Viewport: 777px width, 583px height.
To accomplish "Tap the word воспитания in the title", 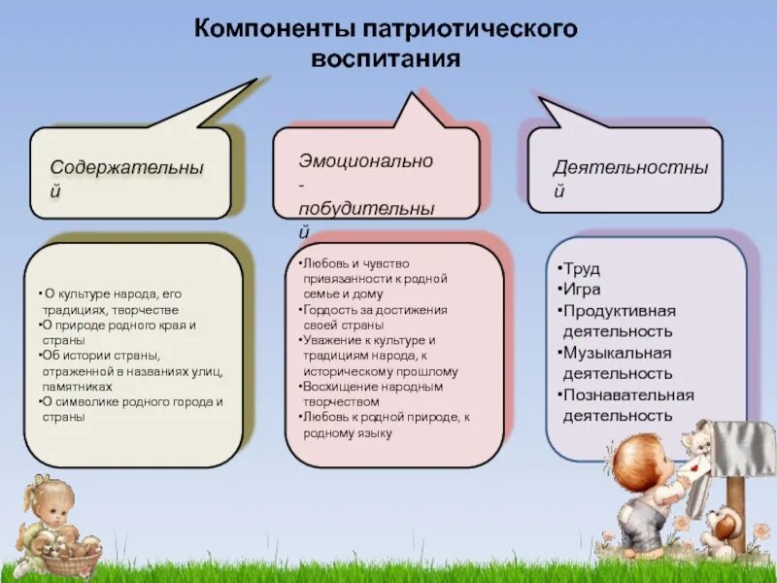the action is (x=385, y=58).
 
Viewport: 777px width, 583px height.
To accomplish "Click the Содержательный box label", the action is (x=127, y=166).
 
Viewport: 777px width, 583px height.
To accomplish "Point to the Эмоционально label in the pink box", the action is (x=366, y=160).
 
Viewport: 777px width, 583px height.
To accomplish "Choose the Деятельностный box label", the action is (x=631, y=166).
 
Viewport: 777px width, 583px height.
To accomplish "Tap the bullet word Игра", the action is (x=584, y=290).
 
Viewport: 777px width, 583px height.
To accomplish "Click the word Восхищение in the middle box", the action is (x=336, y=386).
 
